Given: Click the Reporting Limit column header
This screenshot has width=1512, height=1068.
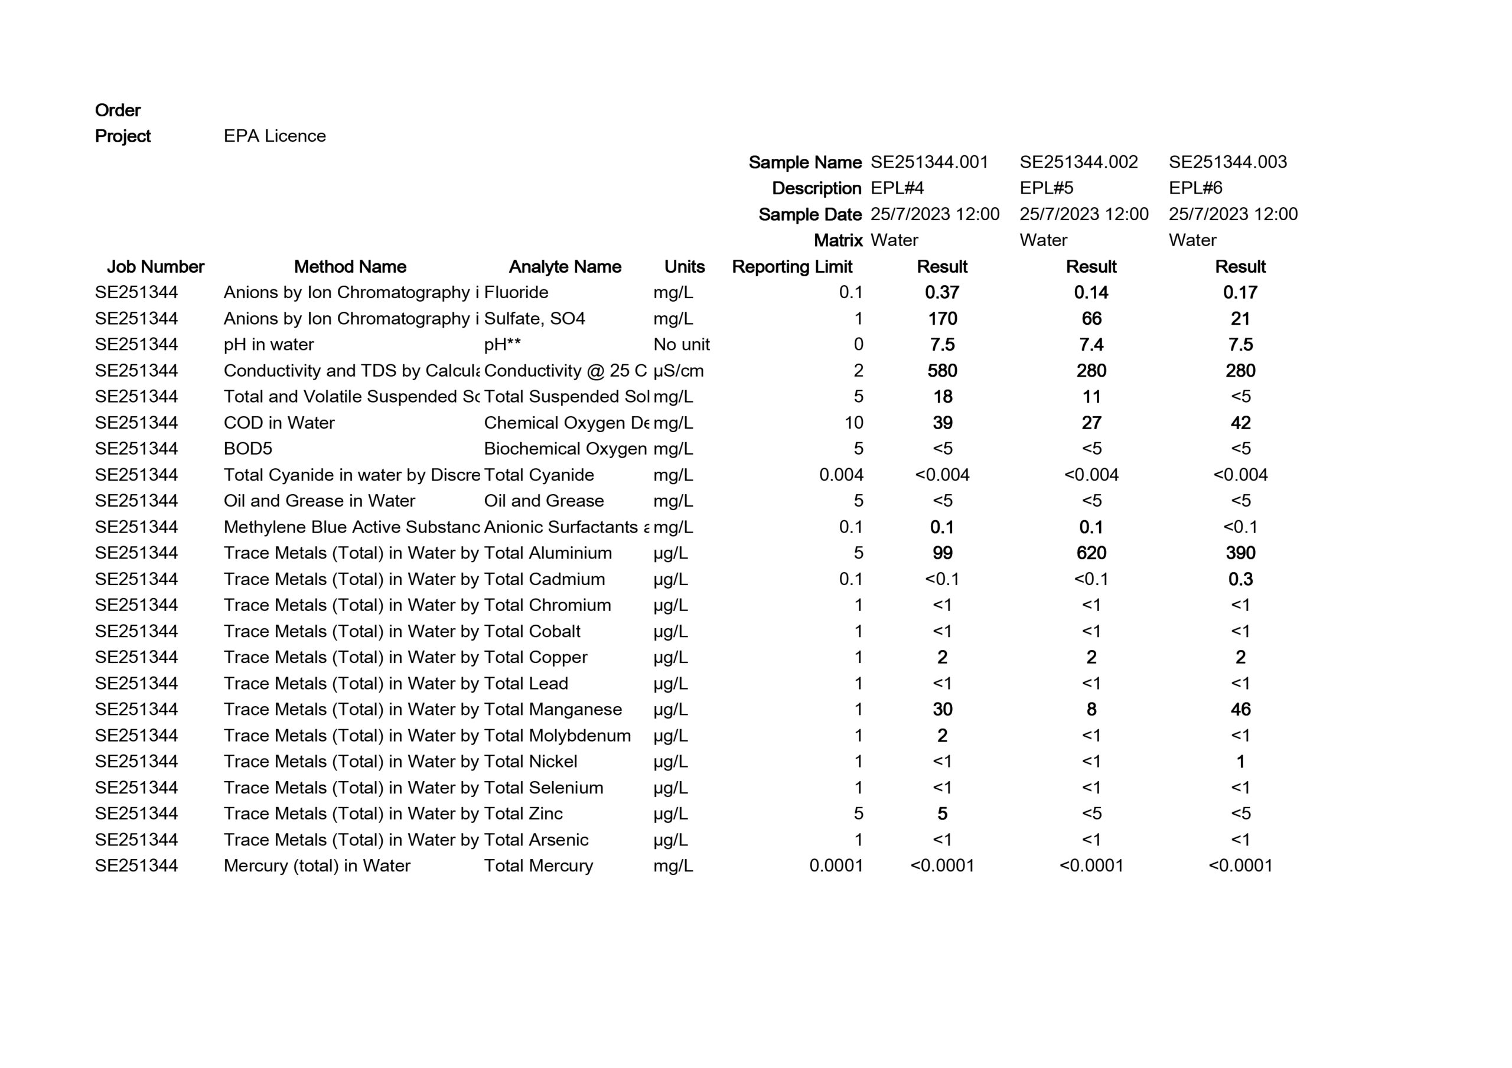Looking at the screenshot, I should [791, 267].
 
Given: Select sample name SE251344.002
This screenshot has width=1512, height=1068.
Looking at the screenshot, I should [1078, 162].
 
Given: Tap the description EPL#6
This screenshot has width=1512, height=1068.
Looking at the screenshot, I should [1195, 188].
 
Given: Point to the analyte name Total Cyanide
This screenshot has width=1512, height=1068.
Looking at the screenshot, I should [539, 475].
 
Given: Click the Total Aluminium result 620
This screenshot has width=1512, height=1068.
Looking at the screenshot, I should [1091, 553].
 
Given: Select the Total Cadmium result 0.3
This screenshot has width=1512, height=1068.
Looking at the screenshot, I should [1240, 579].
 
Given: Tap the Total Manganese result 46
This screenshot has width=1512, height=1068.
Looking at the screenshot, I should [1240, 710].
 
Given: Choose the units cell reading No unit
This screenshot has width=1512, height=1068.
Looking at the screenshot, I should [682, 344].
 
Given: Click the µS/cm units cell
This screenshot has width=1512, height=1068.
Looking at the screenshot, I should [678, 371].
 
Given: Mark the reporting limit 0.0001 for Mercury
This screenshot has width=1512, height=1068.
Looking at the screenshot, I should [836, 866].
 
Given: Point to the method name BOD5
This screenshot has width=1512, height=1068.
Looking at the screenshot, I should [247, 449].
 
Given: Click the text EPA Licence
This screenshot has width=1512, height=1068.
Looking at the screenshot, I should [275, 136].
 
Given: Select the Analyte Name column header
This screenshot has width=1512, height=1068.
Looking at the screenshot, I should [565, 267].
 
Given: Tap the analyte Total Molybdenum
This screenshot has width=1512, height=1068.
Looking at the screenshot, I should [557, 736].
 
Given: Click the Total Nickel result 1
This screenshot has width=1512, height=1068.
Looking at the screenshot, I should [1240, 762].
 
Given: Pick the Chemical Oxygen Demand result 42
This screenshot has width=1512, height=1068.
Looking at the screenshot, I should [1240, 423].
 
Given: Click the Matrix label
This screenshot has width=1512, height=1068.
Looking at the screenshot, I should [838, 240].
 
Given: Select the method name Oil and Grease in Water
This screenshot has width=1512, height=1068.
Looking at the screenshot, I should [320, 501].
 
